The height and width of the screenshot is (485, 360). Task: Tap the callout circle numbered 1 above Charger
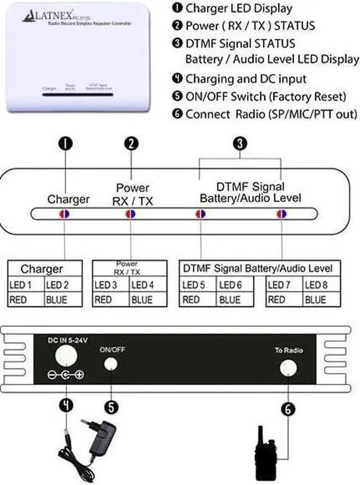(66, 143)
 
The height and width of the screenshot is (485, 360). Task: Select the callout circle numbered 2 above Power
(131, 143)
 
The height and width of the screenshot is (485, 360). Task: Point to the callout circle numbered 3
(240, 143)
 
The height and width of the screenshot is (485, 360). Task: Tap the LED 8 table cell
(315, 285)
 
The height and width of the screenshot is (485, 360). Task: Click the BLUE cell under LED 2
(58, 300)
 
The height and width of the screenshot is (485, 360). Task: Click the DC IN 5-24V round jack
(66, 353)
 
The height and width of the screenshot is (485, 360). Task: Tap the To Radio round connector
(289, 367)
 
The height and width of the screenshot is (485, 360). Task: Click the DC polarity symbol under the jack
(65, 374)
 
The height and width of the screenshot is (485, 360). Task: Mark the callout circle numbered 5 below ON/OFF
(113, 406)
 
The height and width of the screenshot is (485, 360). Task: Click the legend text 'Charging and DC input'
(246, 79)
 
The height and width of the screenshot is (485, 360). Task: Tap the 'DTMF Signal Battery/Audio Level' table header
(258, 268)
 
